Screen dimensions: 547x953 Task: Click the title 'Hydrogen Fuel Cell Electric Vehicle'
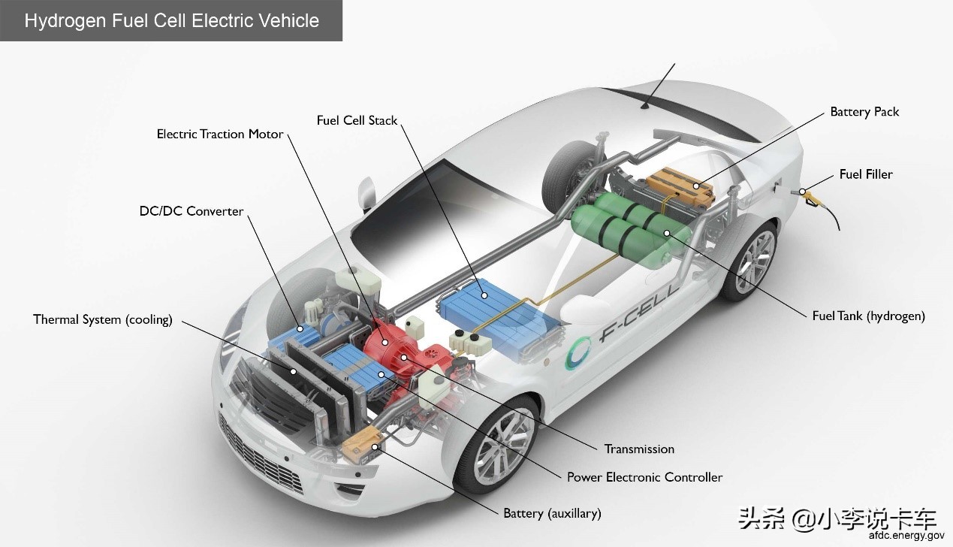(x=171, y=20)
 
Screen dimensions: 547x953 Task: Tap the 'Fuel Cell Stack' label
(x=357, y=120)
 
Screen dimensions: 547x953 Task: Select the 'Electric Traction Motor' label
(x=220, y=134)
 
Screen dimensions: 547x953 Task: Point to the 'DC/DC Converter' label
(x=192, y=211)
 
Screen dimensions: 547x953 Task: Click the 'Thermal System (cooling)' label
(x=103, y=319)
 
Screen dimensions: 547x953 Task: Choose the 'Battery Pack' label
(x=864, y=112)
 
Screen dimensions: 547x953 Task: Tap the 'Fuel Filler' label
(x=866, y=174)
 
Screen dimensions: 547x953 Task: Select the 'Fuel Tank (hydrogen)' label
(x=869, y=316)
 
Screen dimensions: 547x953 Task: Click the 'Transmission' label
(x=639, y=449)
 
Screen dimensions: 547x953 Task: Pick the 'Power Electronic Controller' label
(x=644, y=477)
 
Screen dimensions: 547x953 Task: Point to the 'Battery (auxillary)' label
(x=552, y=514)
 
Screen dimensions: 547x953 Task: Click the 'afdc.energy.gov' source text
(x=906, y=536)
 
